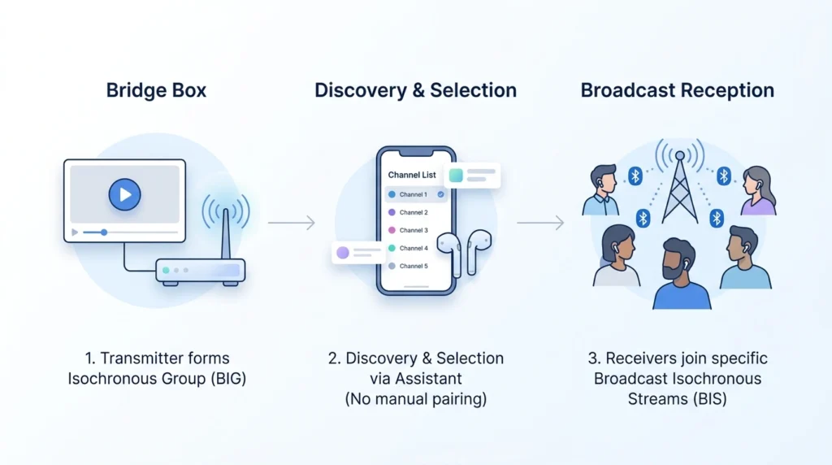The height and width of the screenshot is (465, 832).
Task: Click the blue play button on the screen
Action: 124,194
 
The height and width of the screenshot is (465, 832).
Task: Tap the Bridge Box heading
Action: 156,89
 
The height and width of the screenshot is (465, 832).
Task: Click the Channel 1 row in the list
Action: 414,195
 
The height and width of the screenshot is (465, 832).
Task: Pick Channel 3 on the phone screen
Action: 414,230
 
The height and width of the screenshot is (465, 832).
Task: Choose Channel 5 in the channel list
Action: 414,266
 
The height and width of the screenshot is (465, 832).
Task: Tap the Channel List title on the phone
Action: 412,175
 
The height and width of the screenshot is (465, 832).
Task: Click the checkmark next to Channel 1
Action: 441,195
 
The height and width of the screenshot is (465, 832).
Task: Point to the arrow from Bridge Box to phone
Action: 291,222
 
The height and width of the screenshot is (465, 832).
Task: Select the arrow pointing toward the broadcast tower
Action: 540,222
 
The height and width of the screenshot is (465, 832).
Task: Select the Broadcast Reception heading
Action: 677,89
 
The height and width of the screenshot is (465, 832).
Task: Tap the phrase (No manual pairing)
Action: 415,398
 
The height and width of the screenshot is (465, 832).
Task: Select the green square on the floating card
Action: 456,175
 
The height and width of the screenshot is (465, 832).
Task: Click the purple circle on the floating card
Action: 342,253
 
